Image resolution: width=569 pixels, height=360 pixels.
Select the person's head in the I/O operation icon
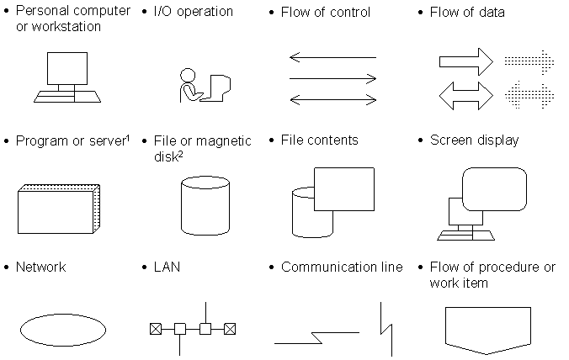pos(188,76)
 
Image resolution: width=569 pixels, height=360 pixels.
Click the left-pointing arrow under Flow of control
pos(332,57)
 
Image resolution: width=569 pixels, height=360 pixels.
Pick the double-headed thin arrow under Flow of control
pos(332,100)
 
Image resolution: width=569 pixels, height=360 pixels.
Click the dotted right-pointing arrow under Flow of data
pos(529,62)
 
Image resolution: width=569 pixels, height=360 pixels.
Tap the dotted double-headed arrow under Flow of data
pos(529,96)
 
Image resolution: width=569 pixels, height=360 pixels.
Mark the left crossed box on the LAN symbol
pos(156,329)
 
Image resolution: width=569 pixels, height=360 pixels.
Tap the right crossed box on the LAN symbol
pos(230,329)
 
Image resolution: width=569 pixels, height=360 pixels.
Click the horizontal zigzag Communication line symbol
pos(316,337)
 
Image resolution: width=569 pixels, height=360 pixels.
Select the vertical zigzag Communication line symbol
pos(386,329)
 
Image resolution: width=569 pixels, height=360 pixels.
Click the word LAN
pos(167,267)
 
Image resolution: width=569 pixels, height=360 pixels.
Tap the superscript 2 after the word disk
pos(180,154)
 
